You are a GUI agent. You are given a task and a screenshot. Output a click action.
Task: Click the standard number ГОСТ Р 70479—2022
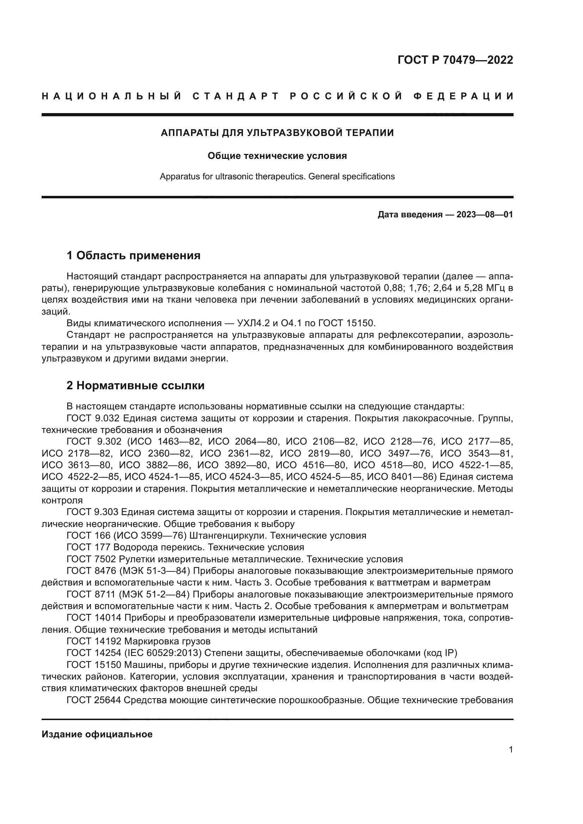455,60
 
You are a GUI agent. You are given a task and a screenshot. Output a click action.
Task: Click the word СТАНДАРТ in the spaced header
235,96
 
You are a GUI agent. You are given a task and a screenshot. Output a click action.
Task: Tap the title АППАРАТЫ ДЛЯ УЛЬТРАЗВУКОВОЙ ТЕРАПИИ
277,133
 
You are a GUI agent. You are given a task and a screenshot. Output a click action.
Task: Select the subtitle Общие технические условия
277,156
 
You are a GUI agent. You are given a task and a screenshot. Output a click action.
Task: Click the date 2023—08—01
484,215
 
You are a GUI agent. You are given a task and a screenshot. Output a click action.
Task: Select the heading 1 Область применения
134,255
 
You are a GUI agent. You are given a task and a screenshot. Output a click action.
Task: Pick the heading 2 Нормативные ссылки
135,385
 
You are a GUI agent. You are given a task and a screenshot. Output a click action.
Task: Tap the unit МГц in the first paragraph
494,288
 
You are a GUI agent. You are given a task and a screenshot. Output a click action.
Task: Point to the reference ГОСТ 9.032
94,418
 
